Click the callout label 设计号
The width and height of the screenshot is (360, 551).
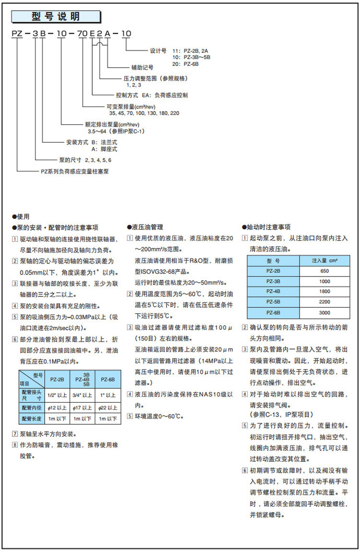click(157, 50)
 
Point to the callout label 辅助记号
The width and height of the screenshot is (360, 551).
click(141, 67)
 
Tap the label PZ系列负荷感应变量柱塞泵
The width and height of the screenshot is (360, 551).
click(74, 171)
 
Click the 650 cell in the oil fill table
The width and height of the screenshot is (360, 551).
click(324, 271)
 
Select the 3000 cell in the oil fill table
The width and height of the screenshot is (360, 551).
click(324, 313)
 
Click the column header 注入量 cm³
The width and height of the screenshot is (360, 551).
click(324, 260)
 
